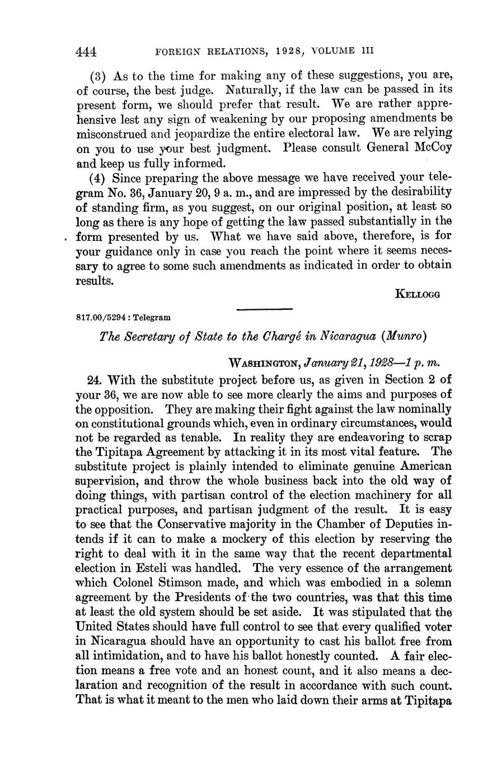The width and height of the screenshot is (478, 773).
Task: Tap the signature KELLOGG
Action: pos(417,294)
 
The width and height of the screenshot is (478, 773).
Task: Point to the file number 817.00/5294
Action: pos(102,317)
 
